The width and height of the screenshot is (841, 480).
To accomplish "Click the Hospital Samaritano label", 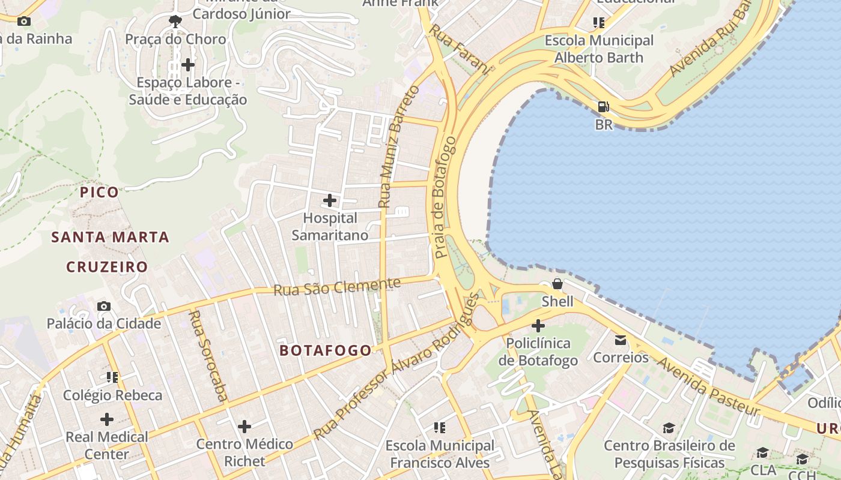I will (x=330, y=226).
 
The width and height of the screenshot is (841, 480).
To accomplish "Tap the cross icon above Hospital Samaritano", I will (x=330, y=200).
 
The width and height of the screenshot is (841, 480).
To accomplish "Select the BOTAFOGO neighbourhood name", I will (x=326, y=350).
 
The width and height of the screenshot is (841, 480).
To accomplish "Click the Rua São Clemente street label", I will (x=337, y=287).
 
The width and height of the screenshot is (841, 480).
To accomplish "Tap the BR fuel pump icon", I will (x=603, y=107).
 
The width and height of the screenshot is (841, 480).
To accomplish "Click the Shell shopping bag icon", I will (x=557, y=283).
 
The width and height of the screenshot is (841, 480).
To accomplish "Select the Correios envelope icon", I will (x=621, y=341).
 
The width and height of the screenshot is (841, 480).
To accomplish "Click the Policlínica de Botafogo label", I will (x=538, y=352).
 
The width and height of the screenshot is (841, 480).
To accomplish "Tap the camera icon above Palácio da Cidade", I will (x=104, y=307).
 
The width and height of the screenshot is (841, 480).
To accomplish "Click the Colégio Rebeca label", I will (x=113, y=395).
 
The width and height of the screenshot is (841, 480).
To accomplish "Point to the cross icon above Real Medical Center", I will (x=107, y=419).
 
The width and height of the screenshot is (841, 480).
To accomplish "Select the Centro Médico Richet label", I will (x=244, y=452).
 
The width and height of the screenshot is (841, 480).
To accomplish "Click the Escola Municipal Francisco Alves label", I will (x=440, y=454).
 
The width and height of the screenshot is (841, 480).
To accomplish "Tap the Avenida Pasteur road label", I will (x=708, y=386).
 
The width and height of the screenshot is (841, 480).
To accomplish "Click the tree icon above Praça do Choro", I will (x=175, y=22).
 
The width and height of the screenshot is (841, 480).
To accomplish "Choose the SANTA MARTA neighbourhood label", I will (x=111, y=237).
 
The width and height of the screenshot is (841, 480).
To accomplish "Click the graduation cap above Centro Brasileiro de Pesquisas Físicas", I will (x=669, y=428).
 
